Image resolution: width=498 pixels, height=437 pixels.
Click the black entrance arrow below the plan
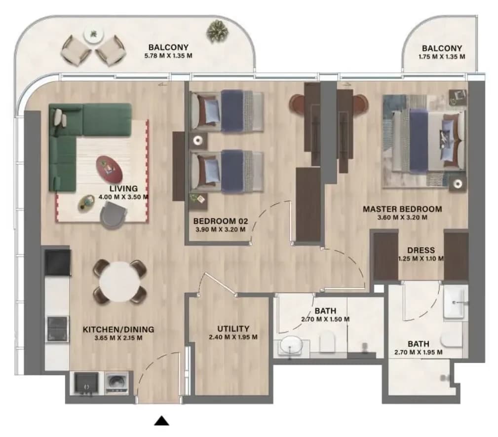point(162,421)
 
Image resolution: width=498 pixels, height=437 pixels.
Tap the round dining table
point(120,282)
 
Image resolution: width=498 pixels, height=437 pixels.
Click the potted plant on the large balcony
point(218,31)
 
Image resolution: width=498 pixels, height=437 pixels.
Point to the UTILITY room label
point(233,328)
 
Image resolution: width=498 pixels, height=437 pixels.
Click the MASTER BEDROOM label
point(402,209)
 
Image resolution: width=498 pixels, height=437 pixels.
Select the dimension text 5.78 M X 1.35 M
point(168,56)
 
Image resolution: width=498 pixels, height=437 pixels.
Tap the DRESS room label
point(421,250)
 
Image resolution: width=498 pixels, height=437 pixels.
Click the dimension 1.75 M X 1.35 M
point(442,57)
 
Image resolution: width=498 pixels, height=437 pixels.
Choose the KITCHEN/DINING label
point(118,329)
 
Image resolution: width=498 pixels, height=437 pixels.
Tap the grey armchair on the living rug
point(114,215)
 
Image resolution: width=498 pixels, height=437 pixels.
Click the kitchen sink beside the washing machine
point(86,384)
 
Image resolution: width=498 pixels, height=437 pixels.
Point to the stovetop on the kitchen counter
point(57,329)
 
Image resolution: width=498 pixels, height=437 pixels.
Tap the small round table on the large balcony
point(94,35)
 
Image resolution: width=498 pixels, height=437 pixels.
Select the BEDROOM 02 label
point(221,221)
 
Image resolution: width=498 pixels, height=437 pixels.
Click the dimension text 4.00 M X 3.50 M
point(123,197)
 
